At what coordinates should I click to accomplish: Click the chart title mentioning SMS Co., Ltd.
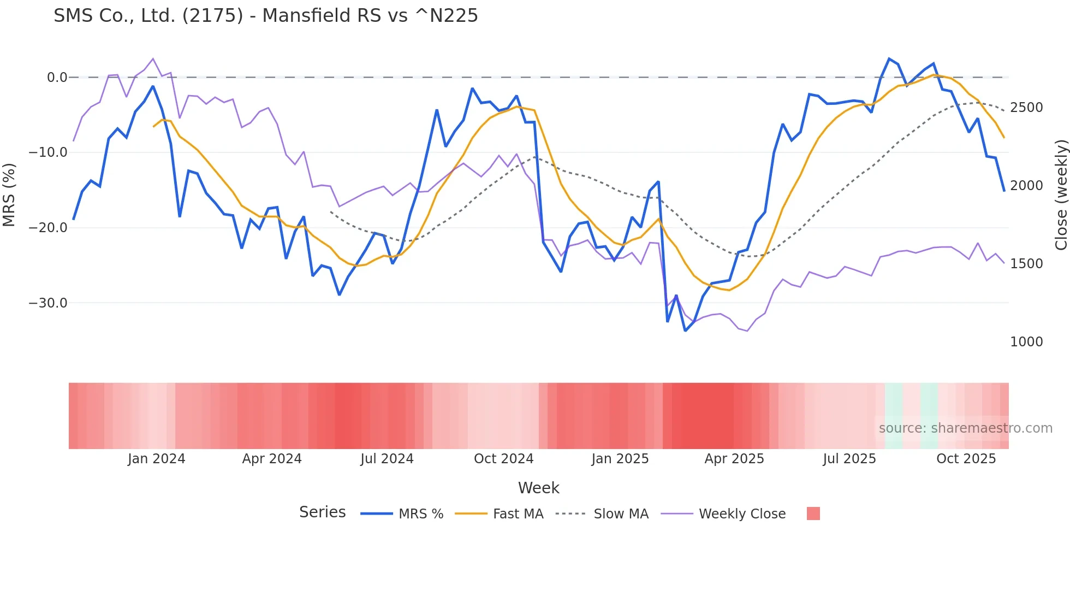(x=265, y=16)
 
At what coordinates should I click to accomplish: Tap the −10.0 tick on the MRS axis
(x=48, y=152)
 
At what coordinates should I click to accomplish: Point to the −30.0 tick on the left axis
(x=48, y=303)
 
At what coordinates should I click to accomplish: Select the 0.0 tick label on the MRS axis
(x=57, y=78)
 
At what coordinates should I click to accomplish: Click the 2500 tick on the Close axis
(x=1026, y=108)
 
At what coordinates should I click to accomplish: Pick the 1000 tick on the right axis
(x=1026, y=342)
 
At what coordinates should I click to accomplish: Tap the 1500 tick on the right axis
(x=1026, y=264)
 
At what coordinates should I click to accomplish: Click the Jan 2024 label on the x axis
(x=157, y=459)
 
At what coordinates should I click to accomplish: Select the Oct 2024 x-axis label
(x=503, y=459)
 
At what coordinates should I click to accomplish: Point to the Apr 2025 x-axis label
(x=734, y=459)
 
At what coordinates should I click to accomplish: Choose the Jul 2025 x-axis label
(x=849, y=459)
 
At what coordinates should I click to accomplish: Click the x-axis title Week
(x=538, y=488)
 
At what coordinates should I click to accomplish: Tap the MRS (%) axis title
(x=9, y=195)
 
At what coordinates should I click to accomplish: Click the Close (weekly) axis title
(x=1061, y=195)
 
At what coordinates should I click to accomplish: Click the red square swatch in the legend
(x=813, y=514)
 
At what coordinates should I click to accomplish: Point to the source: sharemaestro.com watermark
(x=965, y=428)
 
